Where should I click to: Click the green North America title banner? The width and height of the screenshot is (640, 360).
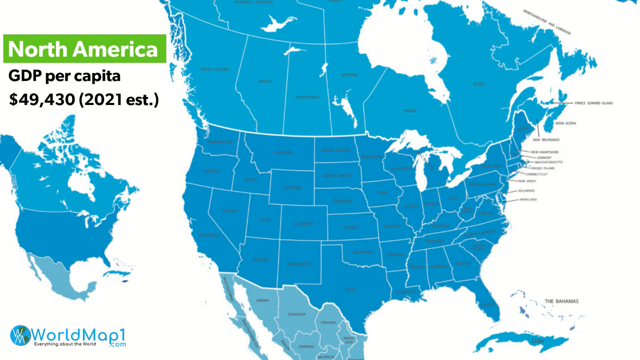tap(85, 49)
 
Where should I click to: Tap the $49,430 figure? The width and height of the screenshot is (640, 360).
tap(42, 100)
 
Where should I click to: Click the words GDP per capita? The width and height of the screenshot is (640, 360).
tap(64, 76)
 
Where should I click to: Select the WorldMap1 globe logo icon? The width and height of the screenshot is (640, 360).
tap(21, 335)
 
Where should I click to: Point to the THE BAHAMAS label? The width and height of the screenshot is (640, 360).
tap(561, 301)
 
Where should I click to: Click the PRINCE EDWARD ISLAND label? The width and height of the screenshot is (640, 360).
tap(594, 103)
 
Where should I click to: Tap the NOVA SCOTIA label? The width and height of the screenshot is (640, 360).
tap(566, 123)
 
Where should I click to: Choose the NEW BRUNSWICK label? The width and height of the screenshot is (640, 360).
tap(546, 140)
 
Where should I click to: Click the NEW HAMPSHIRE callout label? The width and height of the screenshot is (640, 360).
tap(545, 152)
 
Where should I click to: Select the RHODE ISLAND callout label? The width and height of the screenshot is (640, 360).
tap(543, 168)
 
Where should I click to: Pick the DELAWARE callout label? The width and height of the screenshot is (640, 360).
tap(526, 191)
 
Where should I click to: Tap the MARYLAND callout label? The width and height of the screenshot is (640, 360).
tap(528, 200)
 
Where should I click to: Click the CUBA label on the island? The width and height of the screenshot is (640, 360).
tap(537, 341)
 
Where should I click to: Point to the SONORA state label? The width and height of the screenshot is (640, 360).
tap(262, 301)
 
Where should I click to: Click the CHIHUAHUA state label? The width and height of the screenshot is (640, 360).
tap(296, 314)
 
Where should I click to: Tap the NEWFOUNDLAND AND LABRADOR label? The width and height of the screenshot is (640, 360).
tap(547, 22)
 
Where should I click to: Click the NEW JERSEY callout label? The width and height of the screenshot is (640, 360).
tap(527, 181)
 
